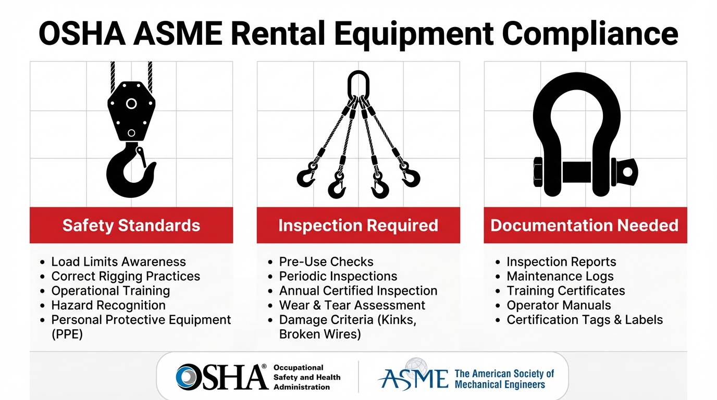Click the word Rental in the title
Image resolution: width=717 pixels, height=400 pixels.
click(x=278, y=34)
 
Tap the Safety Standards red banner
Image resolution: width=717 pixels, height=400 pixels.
click(x=131, y=225)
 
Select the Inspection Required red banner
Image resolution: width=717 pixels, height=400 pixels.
click(x=358, y=225)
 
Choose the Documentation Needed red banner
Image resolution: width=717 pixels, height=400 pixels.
click(x=585, y=225)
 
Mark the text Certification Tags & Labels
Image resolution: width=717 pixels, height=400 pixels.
click(x=585, y=320)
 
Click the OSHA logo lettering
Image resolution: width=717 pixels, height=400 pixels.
click(x=221, y=377)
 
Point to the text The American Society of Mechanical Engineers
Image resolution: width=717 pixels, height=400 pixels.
click(x=504, y=379)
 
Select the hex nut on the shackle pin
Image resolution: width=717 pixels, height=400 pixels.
click(x=538, y=172)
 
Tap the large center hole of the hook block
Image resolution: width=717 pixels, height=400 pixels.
click(x=131, y=104)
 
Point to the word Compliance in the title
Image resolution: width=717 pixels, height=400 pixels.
click(x=590, y=34)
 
